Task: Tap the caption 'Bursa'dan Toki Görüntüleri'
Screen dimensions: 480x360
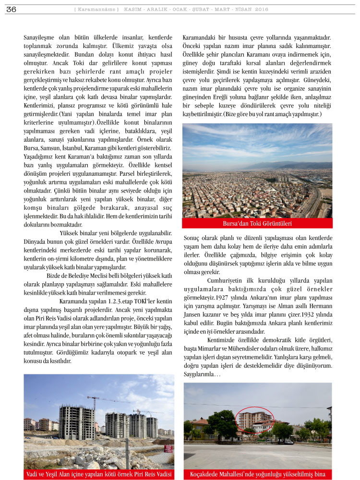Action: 257,224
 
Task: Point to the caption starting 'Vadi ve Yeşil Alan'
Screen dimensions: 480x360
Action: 99,475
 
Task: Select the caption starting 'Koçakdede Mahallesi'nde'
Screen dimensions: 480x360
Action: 257,475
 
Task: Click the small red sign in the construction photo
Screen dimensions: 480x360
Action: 168,450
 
